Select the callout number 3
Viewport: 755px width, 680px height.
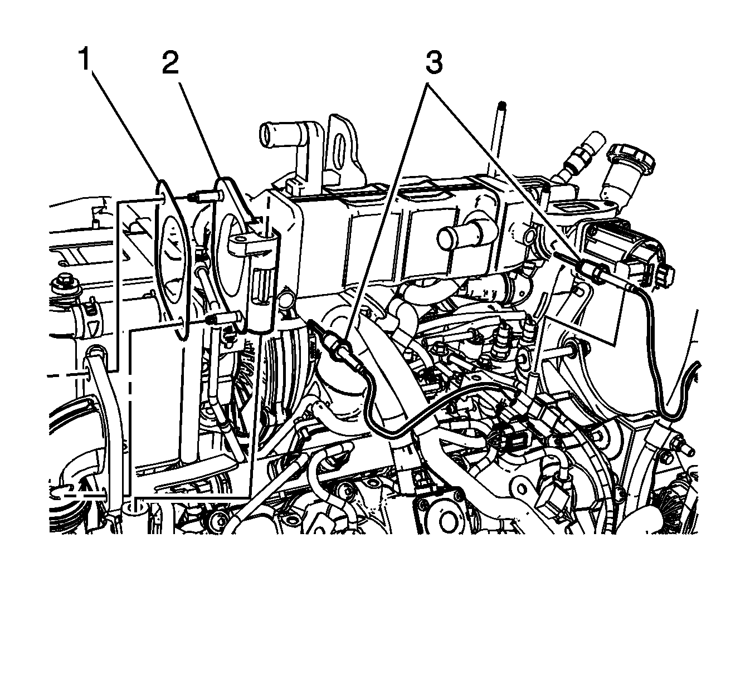coord(434,63)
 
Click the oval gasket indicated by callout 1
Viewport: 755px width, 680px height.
coord(173,260)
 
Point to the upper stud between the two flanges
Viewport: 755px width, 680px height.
coord(205,196)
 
